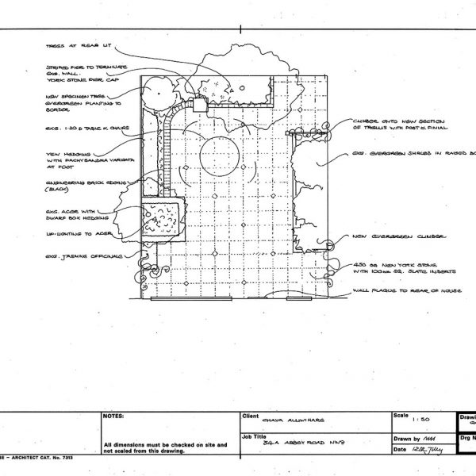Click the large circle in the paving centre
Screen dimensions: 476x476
(x=218, y=154)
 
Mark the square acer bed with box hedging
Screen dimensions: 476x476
(x=163, y=219)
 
